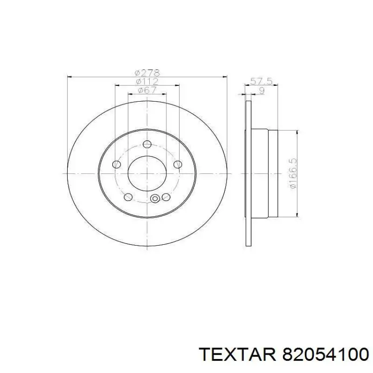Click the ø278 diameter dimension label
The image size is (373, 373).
point(147,73)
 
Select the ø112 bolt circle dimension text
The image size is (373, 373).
point(147,81)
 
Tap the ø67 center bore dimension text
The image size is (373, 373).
point(147,90)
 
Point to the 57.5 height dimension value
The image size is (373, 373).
point(262,81)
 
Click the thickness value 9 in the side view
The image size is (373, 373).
point(262,90)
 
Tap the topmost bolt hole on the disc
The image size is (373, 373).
point(147,144)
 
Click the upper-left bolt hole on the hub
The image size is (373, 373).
point(116,165)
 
